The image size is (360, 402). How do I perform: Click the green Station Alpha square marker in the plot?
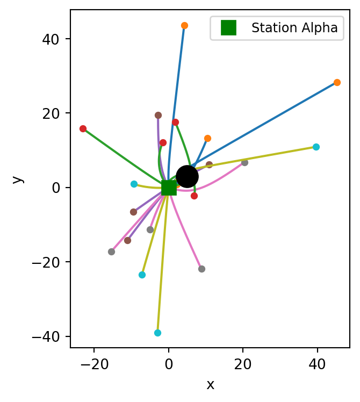169,188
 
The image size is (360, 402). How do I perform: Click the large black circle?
187,176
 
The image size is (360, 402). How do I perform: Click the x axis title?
210,384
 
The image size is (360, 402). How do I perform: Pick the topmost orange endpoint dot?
184,25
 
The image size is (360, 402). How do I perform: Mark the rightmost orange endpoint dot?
337,82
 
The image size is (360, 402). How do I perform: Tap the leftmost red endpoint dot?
83,128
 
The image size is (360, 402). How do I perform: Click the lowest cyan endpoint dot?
157,333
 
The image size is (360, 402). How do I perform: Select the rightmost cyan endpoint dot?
316,147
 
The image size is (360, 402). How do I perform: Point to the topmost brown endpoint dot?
158,115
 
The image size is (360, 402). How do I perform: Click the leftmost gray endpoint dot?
111,252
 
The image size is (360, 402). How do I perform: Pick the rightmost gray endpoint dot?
244,162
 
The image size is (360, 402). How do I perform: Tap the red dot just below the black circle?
194,196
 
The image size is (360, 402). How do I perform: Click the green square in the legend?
228,28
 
